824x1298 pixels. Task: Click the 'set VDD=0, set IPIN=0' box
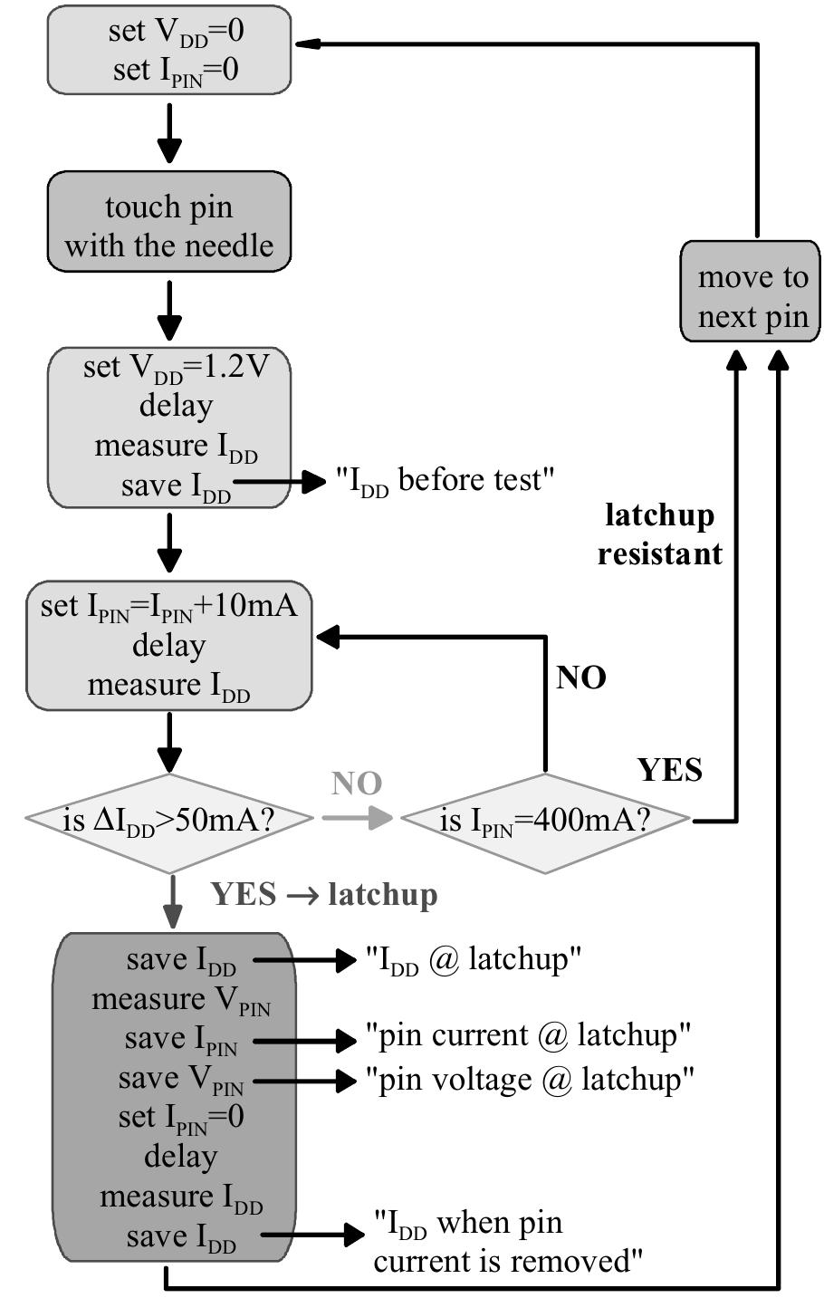(169, 50)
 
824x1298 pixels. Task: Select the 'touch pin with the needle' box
(169, 226)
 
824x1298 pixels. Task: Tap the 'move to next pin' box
(751, 292)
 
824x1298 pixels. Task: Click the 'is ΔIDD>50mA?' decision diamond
(169, 821)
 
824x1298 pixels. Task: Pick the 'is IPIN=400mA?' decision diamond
(545, 821)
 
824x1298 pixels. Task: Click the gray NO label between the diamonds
(357, 784)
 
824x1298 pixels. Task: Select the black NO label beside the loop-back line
(581, 678)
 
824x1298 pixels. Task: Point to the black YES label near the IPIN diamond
(670, 769)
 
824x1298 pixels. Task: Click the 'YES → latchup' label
(324, 895)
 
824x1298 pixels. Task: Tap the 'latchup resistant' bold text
(660, 534)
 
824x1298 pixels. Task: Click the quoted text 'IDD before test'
(444, 480)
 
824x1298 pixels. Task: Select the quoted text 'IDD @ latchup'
(472, 959)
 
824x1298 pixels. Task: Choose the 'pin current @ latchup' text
(529, 1034)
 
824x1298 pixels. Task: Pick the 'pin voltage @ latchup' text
(530, 1080)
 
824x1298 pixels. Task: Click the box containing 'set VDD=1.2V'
(169, 427)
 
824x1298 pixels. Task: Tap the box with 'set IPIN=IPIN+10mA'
(169, 645)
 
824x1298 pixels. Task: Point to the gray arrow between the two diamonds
(357, 818)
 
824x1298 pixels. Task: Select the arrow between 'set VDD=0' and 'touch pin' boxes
(169, 133)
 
